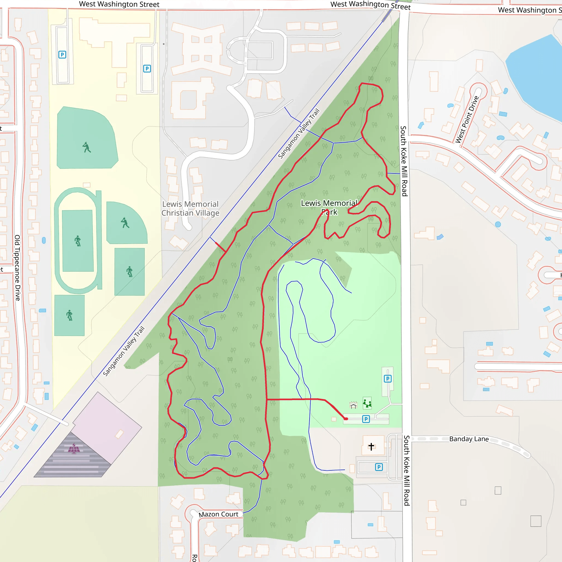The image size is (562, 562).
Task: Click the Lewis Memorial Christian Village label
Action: pyautogui.click(x=190, y=209)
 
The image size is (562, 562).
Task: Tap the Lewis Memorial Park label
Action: pyautogui.click(x=329, y=207)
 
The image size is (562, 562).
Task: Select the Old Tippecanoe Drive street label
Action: pyautogui.click(x=18, y=268)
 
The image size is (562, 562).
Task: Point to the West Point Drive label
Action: pyautogui.click(x=467, y=120)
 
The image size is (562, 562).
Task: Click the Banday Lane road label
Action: pyautogui.click(x=469, y=439)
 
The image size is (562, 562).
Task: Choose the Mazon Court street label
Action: pyautogui.click(x=218, y=514)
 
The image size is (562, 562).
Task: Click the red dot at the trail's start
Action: pyautogui.click(x=346, y=418)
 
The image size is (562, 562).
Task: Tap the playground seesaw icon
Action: pyautogui.click(x=367, y=403)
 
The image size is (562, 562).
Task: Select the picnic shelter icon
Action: pyautogui.click(x=353, y=405)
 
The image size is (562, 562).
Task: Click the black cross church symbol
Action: pyautogui.click(x=371, y=446)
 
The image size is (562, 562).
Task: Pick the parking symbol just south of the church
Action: pyautogui.click(x=379, y=467)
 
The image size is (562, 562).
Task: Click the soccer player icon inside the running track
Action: pyautogui.click(x=77, y=241)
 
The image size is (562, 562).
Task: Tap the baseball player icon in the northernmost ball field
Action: pyautogui.click(x=86, y=147)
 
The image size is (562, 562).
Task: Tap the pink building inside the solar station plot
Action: pyautogui.click(x=119, y=434)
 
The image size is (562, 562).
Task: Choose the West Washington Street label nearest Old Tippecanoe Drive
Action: pyautogui.click(x=119, y=4)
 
